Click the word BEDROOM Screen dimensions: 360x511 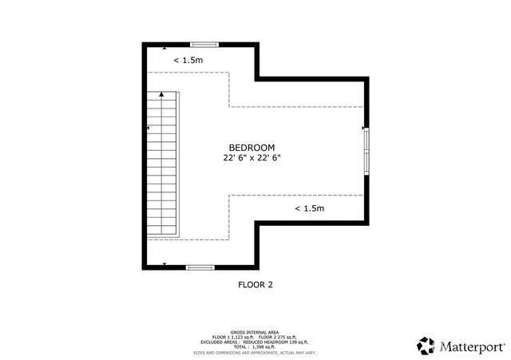coord(252,147)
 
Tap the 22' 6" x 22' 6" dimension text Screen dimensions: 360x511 coord(252,158)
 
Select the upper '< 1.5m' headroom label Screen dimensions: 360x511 coord(188,60)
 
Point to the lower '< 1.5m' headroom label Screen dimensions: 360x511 coord(309,208)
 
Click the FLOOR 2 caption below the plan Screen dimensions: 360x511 coord(255,283)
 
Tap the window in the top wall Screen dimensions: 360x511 coord(204,44)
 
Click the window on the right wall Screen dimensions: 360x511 coord(367,151)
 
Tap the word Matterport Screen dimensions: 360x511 coord(473,346)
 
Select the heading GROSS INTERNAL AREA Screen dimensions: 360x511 coord(255,330)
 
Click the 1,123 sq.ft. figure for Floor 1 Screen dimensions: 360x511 coord(244,336)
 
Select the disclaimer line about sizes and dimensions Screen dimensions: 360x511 coord(255,352)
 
